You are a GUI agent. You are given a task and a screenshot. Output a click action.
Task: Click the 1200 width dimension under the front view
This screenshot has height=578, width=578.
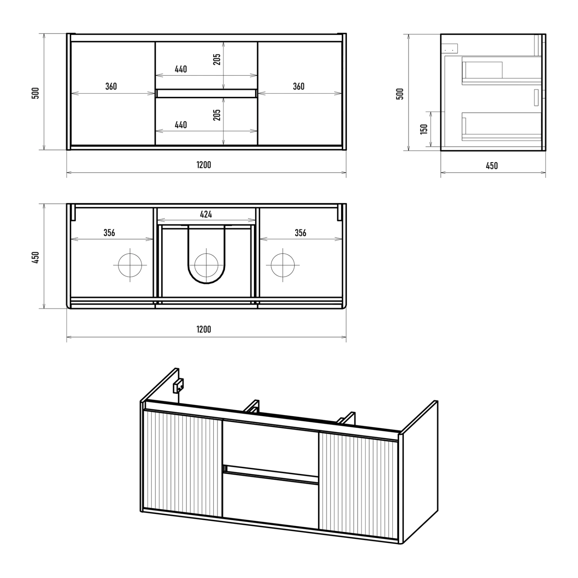204,165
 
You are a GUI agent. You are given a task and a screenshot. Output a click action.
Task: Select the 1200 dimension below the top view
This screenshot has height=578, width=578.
204,329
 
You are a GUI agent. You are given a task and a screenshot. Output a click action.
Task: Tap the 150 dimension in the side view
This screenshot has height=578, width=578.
424,129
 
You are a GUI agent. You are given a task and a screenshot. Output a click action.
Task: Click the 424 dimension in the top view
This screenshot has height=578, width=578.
206,214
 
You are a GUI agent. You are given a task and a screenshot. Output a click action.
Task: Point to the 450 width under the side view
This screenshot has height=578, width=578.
492,166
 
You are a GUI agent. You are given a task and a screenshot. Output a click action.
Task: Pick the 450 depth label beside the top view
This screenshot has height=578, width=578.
35,257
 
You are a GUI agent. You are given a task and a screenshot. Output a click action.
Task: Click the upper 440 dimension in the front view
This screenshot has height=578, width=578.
181,69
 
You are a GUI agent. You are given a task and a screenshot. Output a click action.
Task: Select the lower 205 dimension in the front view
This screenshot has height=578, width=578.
217,115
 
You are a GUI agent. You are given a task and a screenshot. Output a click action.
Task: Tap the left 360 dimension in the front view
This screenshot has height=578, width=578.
111,86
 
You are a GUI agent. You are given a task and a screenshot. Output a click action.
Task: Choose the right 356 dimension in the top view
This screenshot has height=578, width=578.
301,233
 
